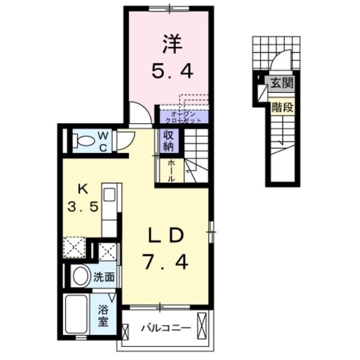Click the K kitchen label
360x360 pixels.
pos(84,187)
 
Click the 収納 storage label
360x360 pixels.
pos(168,141)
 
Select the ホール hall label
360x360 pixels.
pos(171,170)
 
